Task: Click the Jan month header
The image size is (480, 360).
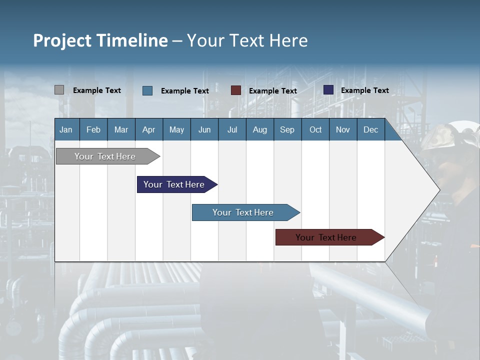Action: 66,129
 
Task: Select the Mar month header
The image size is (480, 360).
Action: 121,129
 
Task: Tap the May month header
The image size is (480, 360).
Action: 176,129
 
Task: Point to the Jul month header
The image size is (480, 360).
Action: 232,129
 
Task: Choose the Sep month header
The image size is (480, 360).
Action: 287,129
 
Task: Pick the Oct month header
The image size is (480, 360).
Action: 315,129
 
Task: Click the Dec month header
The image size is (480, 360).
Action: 370,129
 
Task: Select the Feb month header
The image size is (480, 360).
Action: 93,129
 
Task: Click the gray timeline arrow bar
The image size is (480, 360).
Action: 105,156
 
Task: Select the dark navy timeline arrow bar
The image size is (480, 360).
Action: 174,184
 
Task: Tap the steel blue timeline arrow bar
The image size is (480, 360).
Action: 243,212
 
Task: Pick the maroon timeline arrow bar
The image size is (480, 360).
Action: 326,237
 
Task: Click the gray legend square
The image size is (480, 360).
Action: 59,90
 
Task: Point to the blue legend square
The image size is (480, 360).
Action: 147,90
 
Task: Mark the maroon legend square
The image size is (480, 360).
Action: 236,90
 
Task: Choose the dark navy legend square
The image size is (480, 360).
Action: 328,90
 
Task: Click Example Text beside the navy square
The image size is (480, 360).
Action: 365,90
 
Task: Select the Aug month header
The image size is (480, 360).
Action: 260,129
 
